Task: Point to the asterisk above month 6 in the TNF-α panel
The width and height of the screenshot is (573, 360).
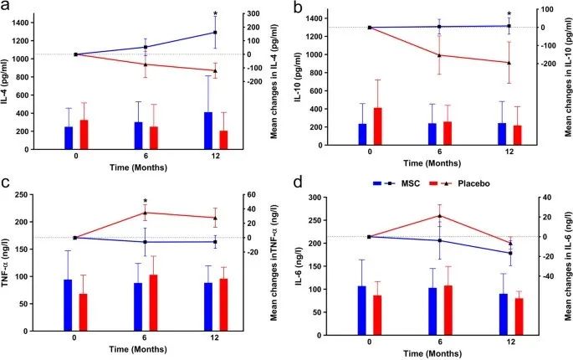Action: (x=146, y=201)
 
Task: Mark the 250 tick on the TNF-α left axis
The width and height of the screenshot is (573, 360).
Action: (x=38, y=197)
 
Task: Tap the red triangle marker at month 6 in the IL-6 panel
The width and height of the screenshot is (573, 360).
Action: (x=440, y=216)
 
